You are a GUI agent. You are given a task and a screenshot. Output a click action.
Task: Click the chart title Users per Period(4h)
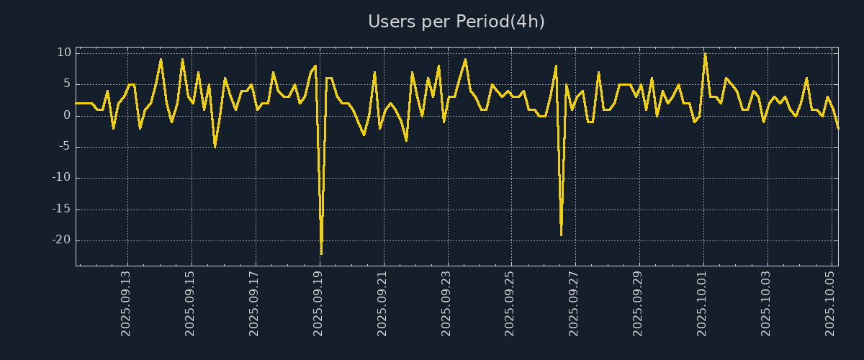456,22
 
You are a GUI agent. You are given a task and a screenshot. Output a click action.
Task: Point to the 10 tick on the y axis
64,53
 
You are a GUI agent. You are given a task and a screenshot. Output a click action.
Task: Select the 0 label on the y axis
67,115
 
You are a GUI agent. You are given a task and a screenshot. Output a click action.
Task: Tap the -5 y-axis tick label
64,147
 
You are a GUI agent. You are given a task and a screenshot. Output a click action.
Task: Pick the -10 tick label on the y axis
61,178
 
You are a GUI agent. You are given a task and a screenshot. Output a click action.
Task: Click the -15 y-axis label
61,210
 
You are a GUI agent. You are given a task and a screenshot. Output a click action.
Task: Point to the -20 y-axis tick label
61,240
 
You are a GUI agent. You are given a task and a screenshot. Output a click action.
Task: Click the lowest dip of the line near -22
321,253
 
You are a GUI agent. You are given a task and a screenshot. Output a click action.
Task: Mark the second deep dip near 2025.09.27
561,235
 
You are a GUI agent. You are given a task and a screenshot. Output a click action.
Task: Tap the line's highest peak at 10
705,53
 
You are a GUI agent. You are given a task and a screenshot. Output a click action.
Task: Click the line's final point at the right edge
838,128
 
